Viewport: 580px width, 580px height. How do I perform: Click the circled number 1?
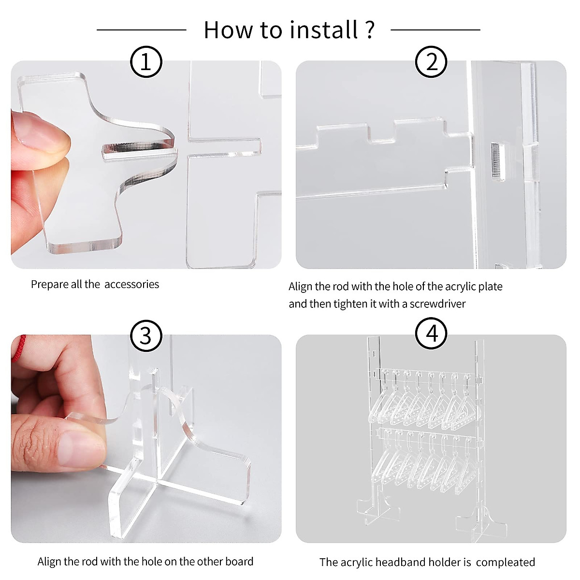(x=146, y=62)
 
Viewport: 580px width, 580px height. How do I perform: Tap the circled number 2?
(x=431, y=62)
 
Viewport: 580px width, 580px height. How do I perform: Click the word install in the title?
(x=324, y=30)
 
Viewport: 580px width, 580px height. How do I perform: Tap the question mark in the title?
(x=369, y=30)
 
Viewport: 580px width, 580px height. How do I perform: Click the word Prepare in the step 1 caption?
(x=49, y=285)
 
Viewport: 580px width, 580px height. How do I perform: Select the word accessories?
(x=132, y=284)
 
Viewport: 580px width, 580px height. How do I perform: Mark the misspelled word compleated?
(x=506, y=563)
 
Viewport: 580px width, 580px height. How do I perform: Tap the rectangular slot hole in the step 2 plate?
(x=498, y=162)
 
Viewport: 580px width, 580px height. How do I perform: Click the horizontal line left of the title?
(x=142, y=30)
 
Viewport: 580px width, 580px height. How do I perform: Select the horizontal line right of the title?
(x=435, y=30)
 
